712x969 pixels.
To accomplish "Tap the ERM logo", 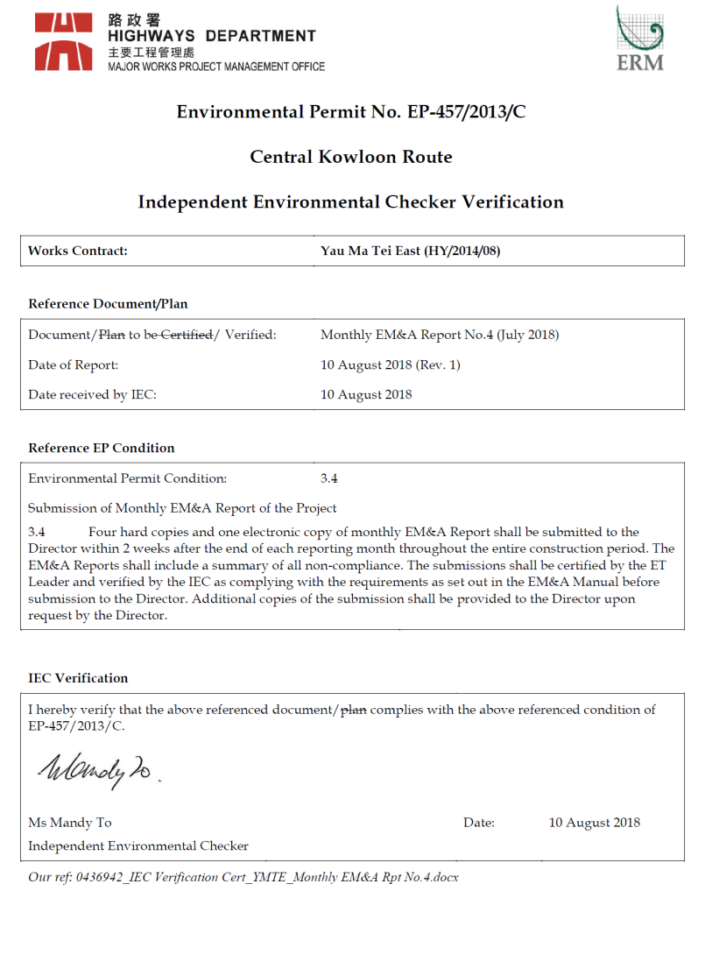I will [639, 39].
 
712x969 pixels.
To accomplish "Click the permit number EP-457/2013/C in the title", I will [466, 112].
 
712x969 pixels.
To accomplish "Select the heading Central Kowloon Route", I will [351, 157].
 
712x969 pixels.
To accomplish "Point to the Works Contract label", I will [78, 251].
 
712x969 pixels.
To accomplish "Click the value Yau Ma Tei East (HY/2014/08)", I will [411, 251].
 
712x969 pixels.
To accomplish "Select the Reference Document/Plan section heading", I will [108, 304].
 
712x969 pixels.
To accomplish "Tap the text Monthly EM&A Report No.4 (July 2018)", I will [440, 335].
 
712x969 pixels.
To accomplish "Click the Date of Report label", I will [73, 364].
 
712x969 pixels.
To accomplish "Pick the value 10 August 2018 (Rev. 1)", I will [391, 364].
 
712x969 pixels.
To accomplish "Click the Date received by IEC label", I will [92, 394].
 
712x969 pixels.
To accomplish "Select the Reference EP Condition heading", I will [102, 448].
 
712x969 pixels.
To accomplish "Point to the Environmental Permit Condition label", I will [127, 478].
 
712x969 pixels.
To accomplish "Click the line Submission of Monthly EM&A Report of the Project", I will [182, 508].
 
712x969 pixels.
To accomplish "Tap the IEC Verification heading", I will [78, 678].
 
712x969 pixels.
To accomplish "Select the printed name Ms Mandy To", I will [70, 823].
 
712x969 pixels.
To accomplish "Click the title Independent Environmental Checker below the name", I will [138, 845].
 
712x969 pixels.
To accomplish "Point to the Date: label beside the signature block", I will [479, 823].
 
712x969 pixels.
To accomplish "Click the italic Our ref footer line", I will [243, 877].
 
